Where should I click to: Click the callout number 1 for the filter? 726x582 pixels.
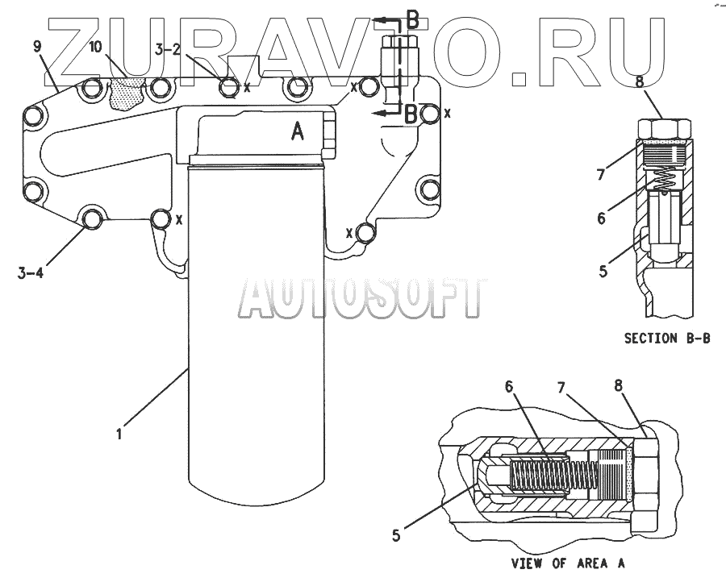[119, 434]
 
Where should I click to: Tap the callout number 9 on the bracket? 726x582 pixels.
[37, 47]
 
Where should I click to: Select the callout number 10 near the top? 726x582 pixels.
[95, 48]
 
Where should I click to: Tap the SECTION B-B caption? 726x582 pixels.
[667, 339]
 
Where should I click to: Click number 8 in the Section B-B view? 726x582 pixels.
[661, 82]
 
